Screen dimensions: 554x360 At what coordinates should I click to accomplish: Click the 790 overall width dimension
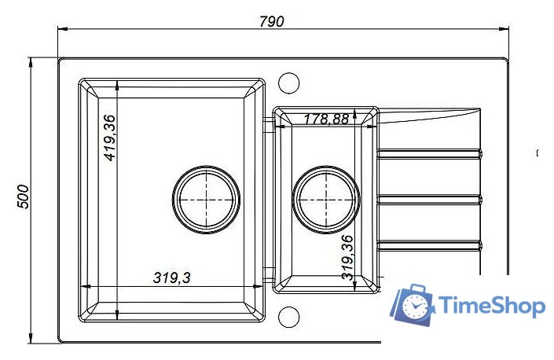click(x=271, y=21)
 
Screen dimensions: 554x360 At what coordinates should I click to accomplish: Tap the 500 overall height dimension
click(x=24, y=197)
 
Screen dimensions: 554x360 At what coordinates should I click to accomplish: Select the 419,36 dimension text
click(x=110, y=138)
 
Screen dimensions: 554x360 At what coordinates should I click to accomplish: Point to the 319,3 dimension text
click(x=172, y=277)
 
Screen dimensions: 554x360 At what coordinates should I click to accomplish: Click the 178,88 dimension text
click(x=326, y=119)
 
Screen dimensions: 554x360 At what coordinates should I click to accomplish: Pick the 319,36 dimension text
click(x=347, y=257)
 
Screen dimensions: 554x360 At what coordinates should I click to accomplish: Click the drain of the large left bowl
click(x=207, y=200)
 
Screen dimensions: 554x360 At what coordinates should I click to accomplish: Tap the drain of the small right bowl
click(x=326, y=200)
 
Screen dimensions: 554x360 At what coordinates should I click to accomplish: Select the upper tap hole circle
click(x=288, y=83)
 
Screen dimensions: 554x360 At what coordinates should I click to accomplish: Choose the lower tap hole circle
click(x=288, y=317)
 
